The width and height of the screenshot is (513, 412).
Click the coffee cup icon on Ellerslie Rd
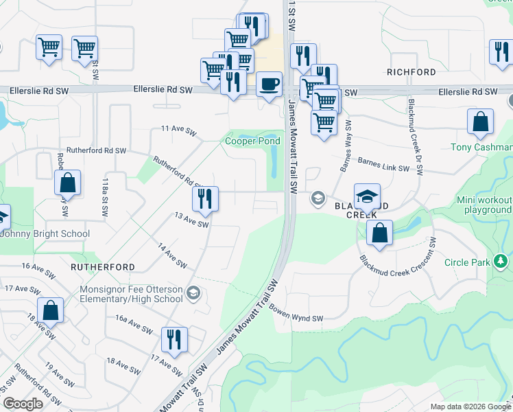(269, 84)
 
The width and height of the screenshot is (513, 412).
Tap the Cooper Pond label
(253, 141)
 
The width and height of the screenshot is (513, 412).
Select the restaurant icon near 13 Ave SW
(205, 199)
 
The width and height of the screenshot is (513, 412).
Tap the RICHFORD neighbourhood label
(411, 72)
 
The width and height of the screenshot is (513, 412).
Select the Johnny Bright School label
(45, 233)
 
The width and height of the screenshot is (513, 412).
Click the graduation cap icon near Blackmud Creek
(367, 196)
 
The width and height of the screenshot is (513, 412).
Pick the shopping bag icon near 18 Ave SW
(51, 310)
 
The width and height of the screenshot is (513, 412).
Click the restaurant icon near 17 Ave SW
(174, 339)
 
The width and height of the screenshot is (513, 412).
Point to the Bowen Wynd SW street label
(296, 313)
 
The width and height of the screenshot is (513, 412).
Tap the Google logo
(23, 404)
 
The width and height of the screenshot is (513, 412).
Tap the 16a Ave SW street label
(132, 324)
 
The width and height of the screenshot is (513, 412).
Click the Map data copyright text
(470, 407)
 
